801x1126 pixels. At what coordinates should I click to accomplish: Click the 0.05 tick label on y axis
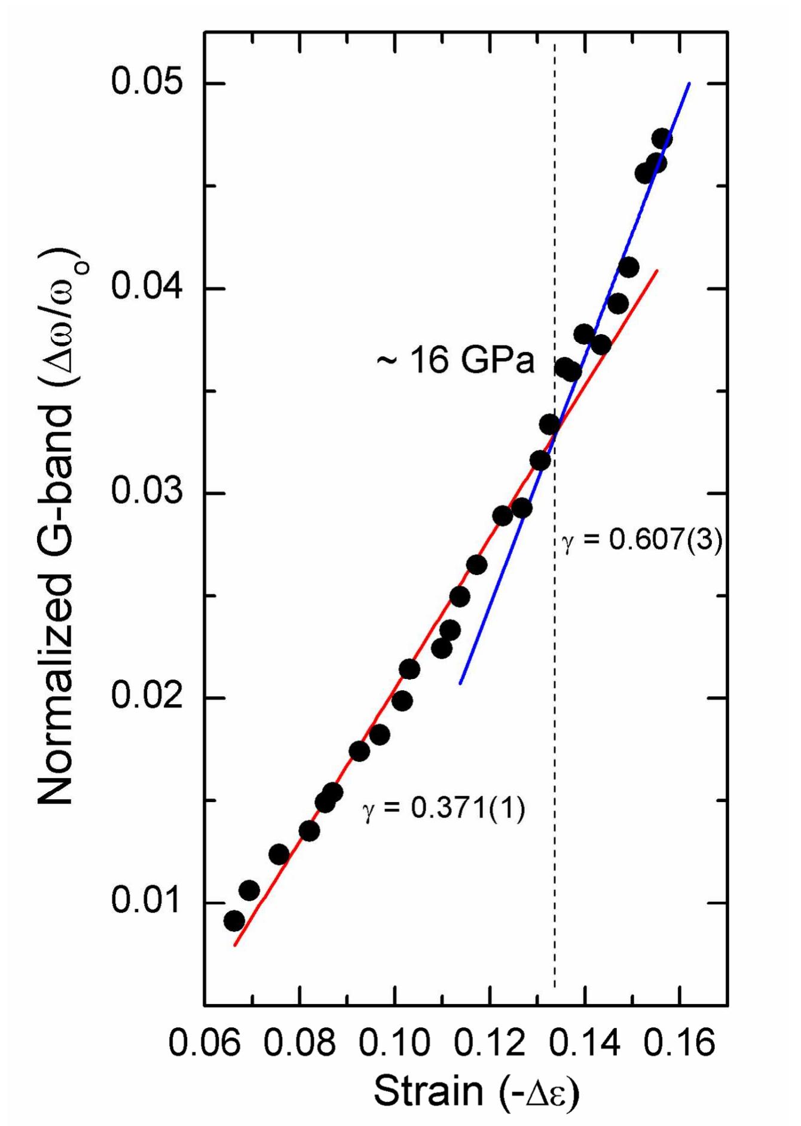pos(146,82)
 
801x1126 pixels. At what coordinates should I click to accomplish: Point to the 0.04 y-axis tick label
pos(146,287)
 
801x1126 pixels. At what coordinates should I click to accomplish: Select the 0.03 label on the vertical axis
pos(146,492)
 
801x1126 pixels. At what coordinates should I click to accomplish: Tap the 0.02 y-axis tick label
pos(146,697)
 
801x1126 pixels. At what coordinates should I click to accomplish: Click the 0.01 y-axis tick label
pos(146,902)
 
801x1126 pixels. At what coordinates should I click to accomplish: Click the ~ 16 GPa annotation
pos(455,362)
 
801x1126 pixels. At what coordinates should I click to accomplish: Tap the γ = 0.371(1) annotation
pos(444,809)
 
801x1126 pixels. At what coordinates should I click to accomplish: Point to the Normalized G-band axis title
pos(63,526)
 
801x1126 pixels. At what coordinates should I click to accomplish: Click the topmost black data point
pos(662,139)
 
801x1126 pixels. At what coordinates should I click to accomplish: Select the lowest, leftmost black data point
pos(234,921)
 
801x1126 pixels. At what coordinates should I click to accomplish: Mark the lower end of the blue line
pos(460,683)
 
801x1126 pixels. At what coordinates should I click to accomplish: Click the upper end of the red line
pos(658,271)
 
